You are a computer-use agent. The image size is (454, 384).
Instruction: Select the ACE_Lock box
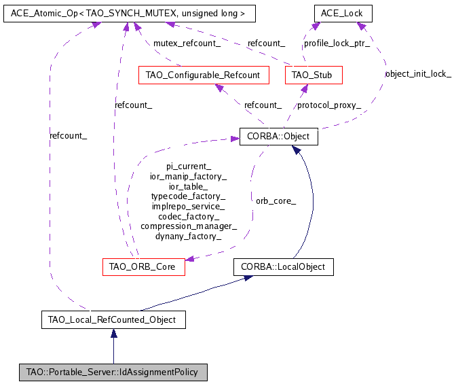click(343, 13)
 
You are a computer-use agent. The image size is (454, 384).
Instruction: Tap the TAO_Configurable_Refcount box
click(203, 74)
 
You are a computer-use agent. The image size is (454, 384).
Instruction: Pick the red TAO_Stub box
click(313, 74)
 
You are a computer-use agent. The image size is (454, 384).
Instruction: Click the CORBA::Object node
click(278, 137)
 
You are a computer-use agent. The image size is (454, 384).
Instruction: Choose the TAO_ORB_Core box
click(143, 266)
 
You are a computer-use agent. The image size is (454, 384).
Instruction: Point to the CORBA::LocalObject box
click(284, 266)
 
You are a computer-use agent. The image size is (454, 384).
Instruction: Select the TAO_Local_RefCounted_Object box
click(113, 319)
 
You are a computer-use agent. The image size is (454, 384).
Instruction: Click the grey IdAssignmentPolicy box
click(113, 372)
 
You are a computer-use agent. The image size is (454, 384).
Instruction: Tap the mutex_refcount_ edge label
click(187, 43)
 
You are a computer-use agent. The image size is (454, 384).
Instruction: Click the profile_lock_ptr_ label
click(337, 43)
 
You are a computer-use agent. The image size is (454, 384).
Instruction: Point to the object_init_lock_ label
click(417, 73)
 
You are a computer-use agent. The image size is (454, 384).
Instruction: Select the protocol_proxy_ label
click(329, 105)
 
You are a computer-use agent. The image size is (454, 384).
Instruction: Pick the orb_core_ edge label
click(276, 200)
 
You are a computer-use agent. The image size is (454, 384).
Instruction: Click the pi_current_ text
click(189, 166)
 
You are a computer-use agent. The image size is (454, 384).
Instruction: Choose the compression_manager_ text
click(189, 226)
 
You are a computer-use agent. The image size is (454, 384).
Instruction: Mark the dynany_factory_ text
click(189, 236)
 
